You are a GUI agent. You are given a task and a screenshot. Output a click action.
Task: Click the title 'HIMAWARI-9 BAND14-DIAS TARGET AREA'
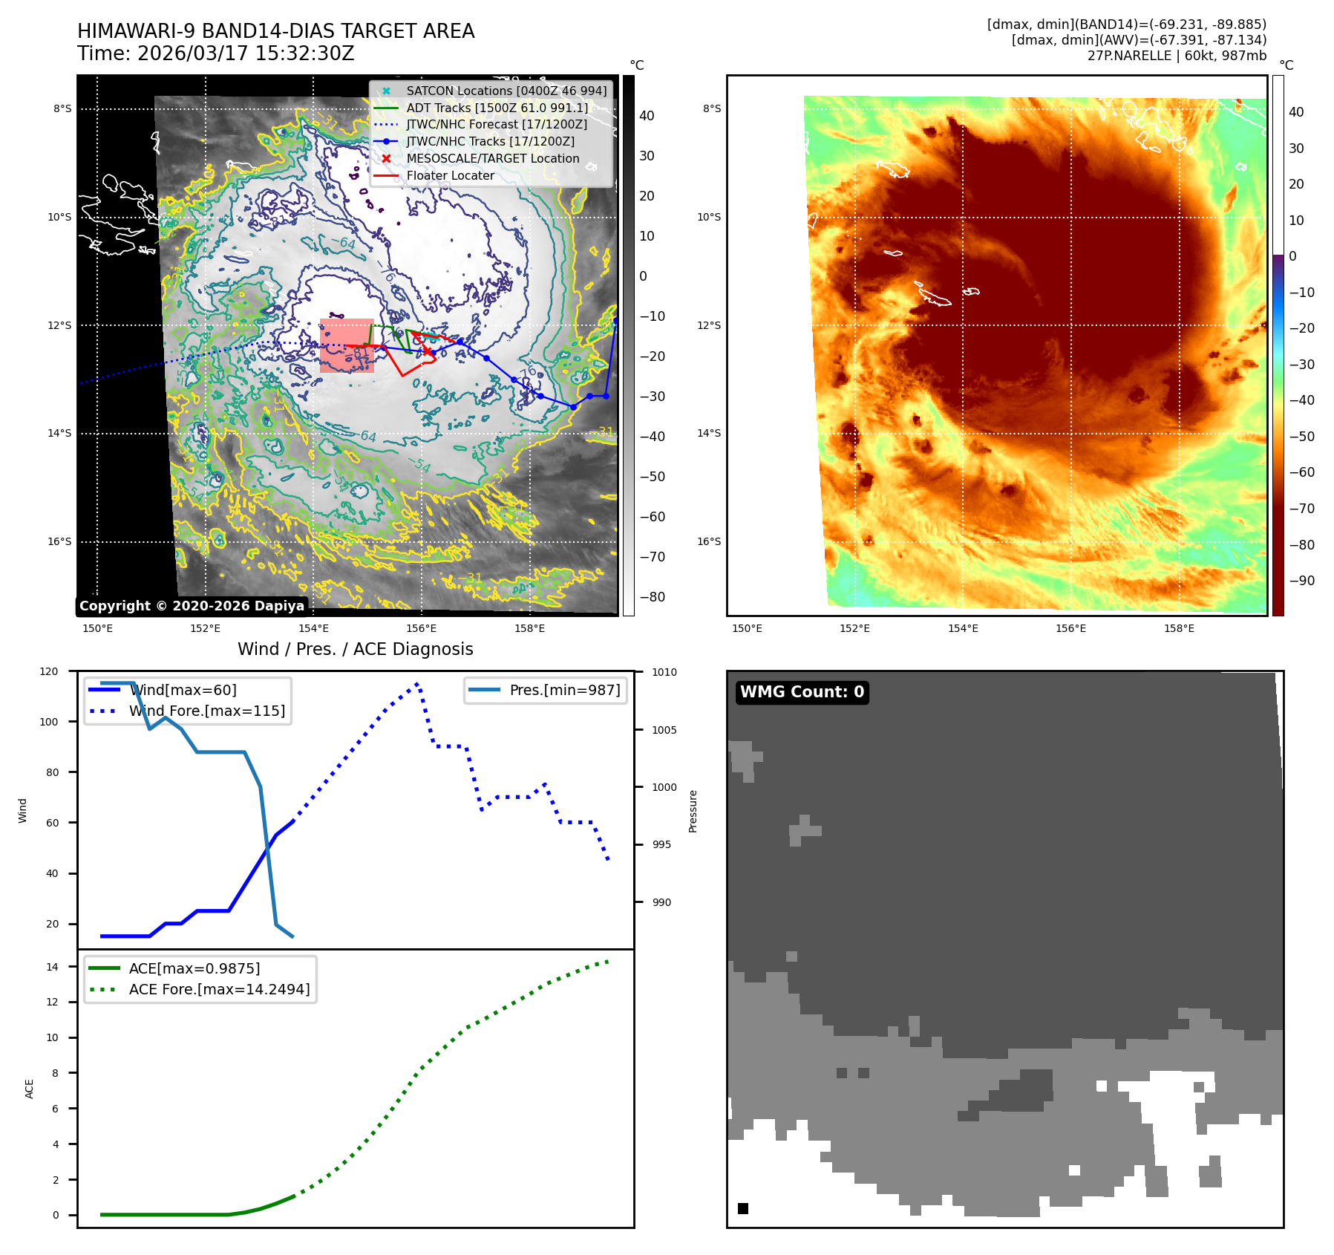275,31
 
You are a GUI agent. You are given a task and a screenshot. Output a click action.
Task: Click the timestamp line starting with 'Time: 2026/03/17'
215,53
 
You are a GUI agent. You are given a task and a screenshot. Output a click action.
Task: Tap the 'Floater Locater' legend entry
450,175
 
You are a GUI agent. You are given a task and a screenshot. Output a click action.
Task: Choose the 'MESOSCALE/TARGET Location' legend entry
493,158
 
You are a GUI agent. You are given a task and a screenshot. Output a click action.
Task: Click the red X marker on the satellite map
427,351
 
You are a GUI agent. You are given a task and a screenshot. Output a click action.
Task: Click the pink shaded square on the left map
347,346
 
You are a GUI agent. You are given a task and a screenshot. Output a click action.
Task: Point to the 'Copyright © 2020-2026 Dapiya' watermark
192,606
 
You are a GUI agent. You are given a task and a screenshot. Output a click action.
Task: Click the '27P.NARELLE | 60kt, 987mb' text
1177,56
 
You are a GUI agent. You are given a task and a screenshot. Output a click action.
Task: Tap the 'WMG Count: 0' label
802,692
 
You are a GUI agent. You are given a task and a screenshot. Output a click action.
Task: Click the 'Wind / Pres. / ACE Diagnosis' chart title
355,649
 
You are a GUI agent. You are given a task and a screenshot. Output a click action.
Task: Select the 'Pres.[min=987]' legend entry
564,690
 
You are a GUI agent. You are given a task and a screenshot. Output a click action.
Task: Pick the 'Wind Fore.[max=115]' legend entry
206,711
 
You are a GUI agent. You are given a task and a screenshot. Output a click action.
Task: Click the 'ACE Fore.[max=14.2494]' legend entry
219,989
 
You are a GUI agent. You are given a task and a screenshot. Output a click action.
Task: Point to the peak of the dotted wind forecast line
417,684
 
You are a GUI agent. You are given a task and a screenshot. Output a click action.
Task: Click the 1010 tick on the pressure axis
664,672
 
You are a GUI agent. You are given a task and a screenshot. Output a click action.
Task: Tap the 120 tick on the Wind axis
49,671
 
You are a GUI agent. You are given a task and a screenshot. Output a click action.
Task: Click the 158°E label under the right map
1179,628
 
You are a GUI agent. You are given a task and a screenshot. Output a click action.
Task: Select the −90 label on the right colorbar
1301,581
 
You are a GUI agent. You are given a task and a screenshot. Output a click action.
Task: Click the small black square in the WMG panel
743,1208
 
